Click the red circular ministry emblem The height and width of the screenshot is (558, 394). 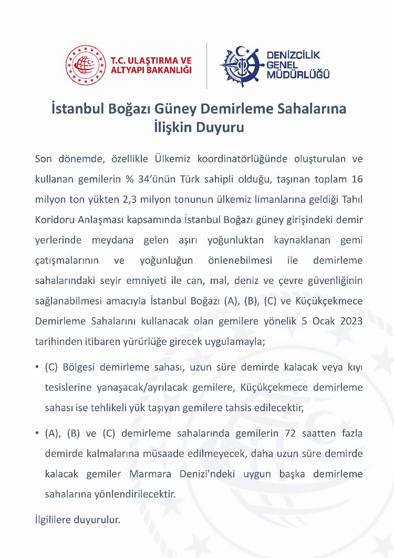point(86,65)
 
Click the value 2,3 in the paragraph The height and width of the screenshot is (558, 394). point(140,199)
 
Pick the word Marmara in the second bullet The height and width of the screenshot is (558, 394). point(150,474)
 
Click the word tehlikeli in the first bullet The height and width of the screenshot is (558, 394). point(111,407)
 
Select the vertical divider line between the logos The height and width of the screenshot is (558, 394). point(206,65)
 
